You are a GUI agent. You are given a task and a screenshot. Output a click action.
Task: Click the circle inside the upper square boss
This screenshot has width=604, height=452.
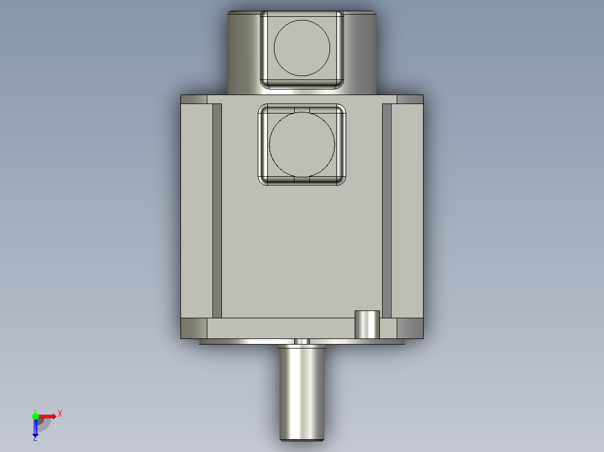(301, 48)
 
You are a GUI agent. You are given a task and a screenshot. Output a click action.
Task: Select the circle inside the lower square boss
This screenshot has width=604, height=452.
(301, 144)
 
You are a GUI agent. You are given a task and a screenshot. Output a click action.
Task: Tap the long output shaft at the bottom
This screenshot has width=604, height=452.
(302, 392)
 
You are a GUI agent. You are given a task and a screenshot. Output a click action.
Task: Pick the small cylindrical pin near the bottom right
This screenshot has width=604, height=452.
(368, 324)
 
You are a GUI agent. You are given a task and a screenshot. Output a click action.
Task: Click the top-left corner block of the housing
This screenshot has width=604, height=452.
(194, 100)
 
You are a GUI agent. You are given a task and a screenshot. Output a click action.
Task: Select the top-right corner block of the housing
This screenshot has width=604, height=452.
(410, 100)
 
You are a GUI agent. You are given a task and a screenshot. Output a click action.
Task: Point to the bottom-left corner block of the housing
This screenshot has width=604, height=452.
(194, 328)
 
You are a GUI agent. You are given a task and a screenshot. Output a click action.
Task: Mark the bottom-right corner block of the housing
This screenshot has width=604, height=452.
(410, 328)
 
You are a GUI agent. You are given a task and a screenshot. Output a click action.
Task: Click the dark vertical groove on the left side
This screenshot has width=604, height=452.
(217, 210)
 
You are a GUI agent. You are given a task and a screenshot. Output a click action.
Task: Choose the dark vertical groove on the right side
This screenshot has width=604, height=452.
(386, 210)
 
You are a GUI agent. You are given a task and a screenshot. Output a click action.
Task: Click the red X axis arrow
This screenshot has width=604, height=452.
(48, 416)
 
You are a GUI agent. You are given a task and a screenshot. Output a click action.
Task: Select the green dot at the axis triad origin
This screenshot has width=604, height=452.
(35, 416)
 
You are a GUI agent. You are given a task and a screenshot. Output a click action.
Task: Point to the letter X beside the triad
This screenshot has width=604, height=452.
(60, 414)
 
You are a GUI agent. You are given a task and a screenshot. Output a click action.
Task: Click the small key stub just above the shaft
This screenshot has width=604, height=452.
(301, 341)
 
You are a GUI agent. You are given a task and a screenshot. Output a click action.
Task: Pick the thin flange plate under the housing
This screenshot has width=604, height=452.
(247, 341)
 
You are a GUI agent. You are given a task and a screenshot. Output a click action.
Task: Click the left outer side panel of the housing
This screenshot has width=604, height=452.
(196, 210)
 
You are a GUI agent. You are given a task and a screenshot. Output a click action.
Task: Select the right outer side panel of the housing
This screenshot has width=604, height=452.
(407, 210)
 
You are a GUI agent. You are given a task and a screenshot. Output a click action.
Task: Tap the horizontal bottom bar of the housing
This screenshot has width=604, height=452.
(280, 328)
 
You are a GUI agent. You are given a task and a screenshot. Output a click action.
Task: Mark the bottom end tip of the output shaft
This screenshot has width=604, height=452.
(302, 439)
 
